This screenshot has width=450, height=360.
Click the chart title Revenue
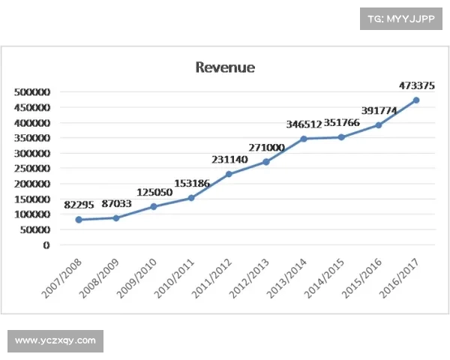225,67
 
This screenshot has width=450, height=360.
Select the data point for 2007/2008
79,220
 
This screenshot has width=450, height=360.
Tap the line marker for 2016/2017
416,100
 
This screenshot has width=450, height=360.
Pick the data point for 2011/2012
229,174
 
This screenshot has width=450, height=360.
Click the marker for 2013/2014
304,139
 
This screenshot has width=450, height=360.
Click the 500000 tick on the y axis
31,92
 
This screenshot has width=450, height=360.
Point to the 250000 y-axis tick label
31,169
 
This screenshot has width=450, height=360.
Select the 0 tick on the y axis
46,245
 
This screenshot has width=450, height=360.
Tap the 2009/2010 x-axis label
137,277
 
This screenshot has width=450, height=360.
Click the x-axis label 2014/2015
325,277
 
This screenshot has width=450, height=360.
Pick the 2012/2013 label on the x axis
250,277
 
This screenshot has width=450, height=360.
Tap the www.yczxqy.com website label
55,341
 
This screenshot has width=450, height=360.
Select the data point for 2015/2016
379,125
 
